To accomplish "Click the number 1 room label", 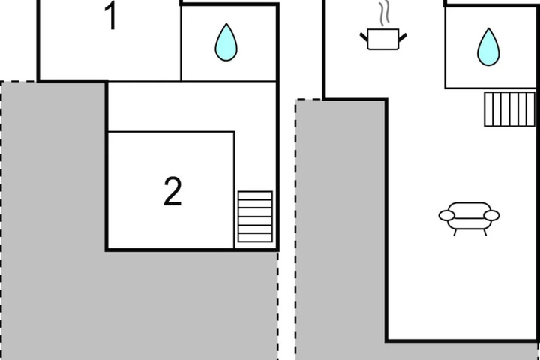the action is coord(112,16).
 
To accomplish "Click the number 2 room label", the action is coord(172,191).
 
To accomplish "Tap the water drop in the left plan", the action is coord(226,42).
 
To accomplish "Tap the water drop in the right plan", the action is coord(488,46).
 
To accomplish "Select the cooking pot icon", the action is coord(383,40).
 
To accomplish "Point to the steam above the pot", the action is coord(384,13).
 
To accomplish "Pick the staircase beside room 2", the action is coord(255,217).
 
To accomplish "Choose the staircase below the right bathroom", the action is coord(510,109).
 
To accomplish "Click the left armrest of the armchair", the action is coord(446,216).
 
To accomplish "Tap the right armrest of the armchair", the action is coord(491,216).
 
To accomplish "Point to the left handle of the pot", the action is coord(364,37).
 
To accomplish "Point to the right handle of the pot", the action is coord(403,37).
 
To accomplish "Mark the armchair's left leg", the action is coord(455,232).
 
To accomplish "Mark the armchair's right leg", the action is coord(485,232).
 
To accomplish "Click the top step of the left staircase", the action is coord(255,196).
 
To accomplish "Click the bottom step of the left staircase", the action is coord(255,238).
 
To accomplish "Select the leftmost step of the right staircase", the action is coord(489,109).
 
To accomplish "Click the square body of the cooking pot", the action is coord(383,40).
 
